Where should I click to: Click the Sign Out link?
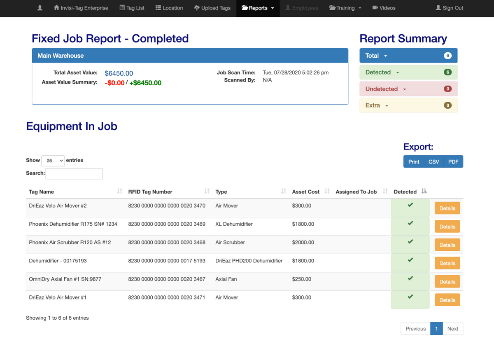(x=449, y=8)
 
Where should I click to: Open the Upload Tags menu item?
(x=212, y=8)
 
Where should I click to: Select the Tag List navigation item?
(x=132, y=8)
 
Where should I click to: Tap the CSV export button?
(x=433, y=162)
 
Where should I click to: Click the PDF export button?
(x=453, y=162)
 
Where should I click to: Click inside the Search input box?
(x=74, y=173)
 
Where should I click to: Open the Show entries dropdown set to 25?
(x=54, y=161)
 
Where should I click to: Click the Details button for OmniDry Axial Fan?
(x=447, y=282)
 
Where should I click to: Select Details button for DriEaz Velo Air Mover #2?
(x=447, y=208)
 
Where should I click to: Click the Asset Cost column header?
(x=305, y=192)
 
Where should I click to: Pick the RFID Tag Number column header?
(x=150, y=192)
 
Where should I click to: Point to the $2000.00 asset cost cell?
(x=303, y=243)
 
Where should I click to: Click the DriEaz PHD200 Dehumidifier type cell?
(x=249, y=261)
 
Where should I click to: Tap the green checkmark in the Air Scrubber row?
(x=410, y=242)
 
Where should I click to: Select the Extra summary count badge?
(x=448, y=105)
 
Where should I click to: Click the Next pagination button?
(x=452, y=329)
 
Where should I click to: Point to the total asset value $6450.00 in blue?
(x=119, y=73)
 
